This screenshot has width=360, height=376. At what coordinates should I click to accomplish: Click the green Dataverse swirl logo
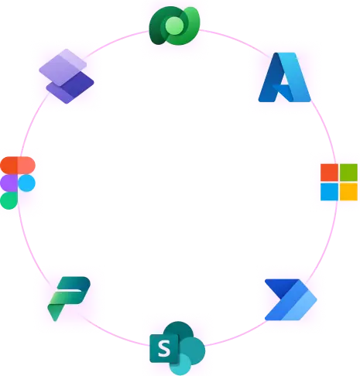[174, 26]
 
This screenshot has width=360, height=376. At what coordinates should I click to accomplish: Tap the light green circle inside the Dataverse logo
[174, 26]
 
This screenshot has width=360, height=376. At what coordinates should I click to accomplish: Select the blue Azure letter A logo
[285, 77]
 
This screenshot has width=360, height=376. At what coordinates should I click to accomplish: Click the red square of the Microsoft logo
[329, 173]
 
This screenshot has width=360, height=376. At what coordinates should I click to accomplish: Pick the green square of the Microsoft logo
[348, 173]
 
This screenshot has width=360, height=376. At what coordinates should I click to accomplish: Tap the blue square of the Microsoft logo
[329, 192]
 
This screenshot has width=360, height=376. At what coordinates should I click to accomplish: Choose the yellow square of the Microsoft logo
[348, 192]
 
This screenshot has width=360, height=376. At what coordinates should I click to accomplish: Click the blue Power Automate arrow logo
[291, 299]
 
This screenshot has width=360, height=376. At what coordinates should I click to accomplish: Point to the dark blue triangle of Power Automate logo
[281, 287]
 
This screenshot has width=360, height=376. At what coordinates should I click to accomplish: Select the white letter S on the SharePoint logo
[164, 348]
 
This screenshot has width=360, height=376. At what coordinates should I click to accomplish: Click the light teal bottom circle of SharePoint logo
[180, 364]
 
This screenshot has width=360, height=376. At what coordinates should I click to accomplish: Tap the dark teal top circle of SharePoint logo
[179, 331]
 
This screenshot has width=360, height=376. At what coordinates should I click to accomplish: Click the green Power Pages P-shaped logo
[69, 299]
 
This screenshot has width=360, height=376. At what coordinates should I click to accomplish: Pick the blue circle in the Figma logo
[26, 183]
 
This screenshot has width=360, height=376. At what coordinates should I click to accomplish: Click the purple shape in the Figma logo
[9, 183]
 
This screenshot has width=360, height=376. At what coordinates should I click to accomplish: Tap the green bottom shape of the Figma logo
[9, 200]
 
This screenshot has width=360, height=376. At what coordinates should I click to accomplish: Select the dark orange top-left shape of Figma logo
[9, 165]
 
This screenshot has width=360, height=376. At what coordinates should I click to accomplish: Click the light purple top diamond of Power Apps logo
[63, 67]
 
